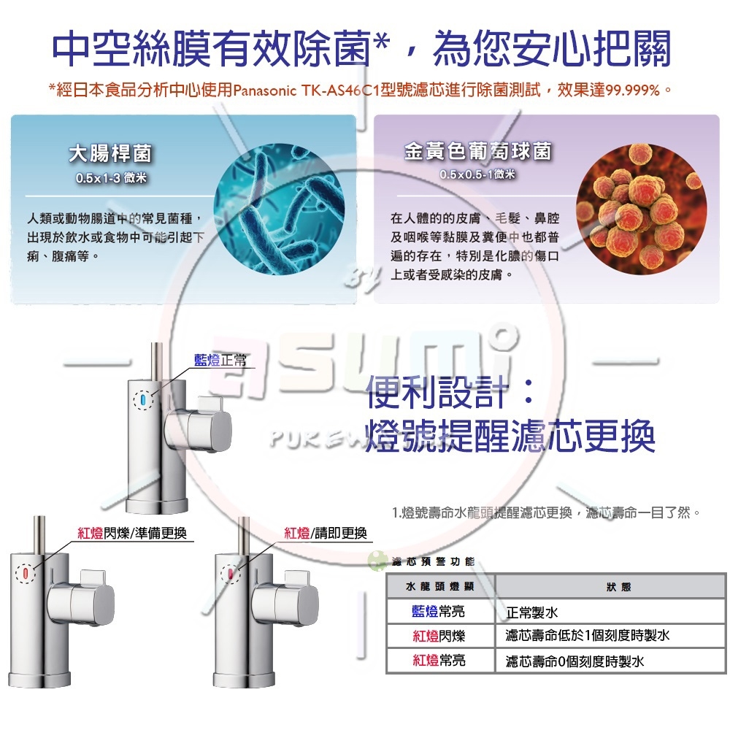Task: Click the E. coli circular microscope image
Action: coord(279,210)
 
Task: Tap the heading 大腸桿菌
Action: coord(112,153)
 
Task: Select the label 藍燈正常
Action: coord(221,361)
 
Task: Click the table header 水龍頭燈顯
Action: coord(439,587)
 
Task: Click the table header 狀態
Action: coord(618,587)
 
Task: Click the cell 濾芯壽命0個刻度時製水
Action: coord(575,661)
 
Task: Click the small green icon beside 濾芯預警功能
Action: coord(377,561)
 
